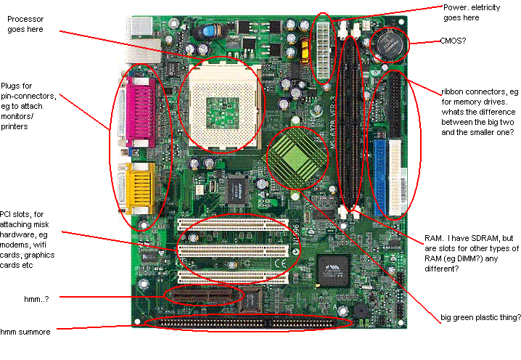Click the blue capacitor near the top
coord(210,32)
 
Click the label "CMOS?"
coord(453,41)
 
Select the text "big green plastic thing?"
coord(480,317)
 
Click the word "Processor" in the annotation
coord(25,19)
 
